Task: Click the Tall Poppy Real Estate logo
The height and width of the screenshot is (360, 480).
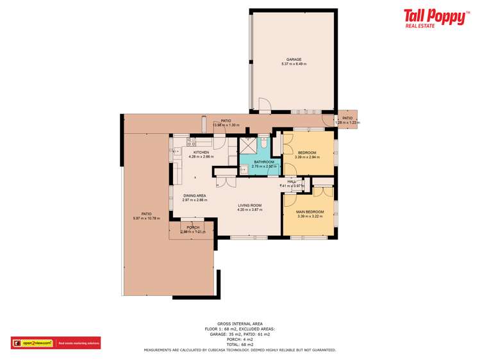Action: pos(435,18)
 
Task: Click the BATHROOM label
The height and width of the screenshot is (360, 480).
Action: pos(263,162)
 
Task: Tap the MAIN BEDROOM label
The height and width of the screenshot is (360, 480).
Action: pos(310,211)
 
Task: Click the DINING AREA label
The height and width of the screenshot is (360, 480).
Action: pos(194,196)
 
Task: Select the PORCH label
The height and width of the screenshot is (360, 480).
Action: pos(192,227)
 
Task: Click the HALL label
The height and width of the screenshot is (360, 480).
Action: pos(291,181)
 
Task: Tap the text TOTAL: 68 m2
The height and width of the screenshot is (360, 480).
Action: pos(240,344)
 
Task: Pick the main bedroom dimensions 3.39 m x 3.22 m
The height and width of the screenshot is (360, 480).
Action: pos(310,216)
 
